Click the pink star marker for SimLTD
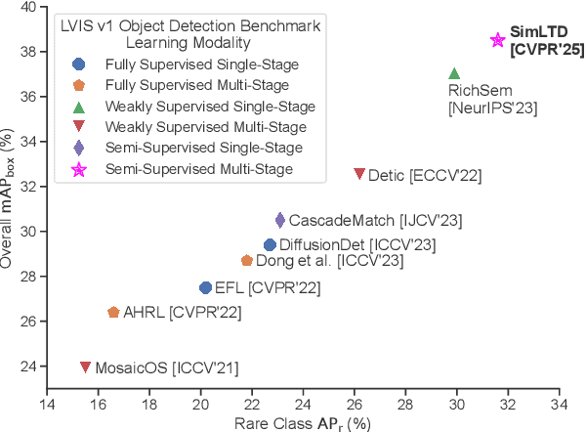(x=497, y=40)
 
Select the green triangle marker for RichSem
(x=454, y=74)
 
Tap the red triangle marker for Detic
(x=359, y=174)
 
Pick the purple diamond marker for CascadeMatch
(x=280, y=220)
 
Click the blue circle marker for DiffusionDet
(x=270, y=244)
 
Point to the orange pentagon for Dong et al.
(x=247, y=261)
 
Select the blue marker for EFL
(x=205, y=287)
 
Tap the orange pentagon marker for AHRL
(x=113, y=312)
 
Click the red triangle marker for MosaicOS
(x=86, y=367)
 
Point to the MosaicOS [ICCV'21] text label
(x=166, y=367)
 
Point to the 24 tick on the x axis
(x=304, y=405)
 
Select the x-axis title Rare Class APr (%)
(x=303, y=423)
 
